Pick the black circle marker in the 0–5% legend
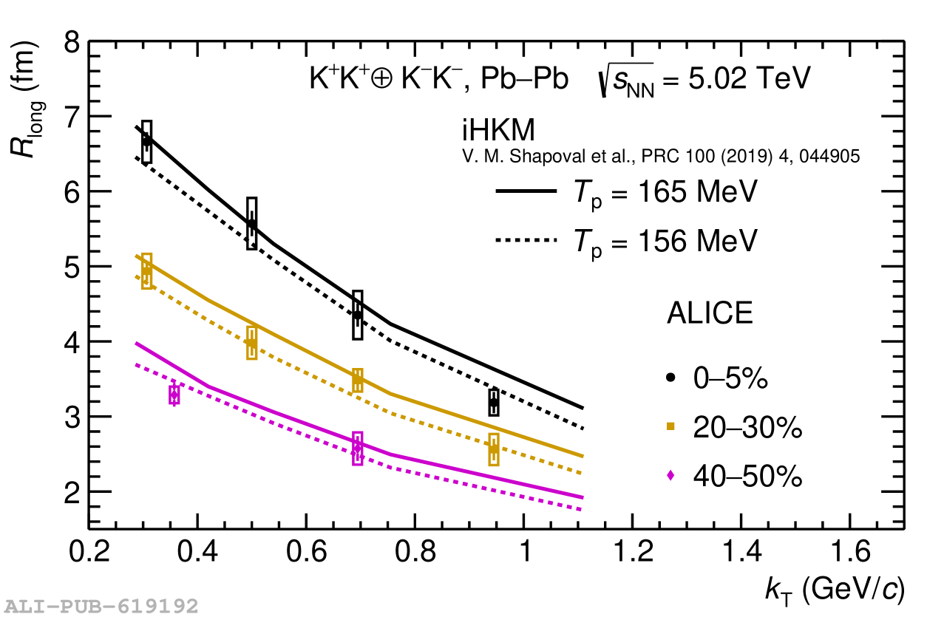(x=671, y=378)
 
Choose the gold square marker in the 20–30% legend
(x=671, y=426)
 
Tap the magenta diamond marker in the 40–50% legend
(x=671, y=476)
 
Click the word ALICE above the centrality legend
(x=710, y=314)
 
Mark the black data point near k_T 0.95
(x=494, y=403)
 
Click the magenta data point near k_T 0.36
(x=174, y=395)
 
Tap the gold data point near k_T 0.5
(x=251, y=343)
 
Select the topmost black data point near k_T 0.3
(x=147, y=140)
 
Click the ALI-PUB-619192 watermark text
(x=99, y=607)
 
